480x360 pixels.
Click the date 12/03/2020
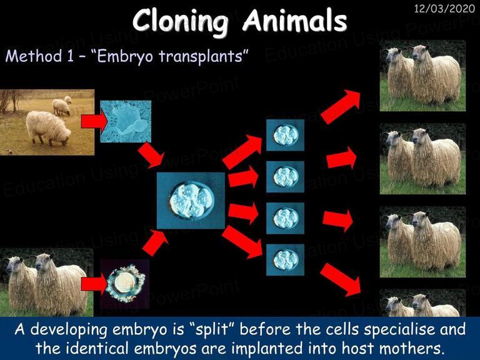click(444, 8)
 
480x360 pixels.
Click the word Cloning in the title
click(181, 20)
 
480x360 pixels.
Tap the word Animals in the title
click(295, 20)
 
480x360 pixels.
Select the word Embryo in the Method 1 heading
click(125, 57)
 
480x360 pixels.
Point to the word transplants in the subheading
click(201, 57)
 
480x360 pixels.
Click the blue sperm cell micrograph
click(126, 121)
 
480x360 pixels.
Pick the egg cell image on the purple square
click(125, 284)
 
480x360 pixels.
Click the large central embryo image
click(191, 201)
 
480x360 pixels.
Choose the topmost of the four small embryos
click(285, 135)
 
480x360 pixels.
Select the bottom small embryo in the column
click(285, 260)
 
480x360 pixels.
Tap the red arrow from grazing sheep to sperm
click(94, 121)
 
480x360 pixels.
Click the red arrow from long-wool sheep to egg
click(94, 284)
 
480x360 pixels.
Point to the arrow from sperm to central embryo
click(151, 155)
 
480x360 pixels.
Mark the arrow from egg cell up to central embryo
click(155, 242)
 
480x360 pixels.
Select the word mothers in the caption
click(412, 348)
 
